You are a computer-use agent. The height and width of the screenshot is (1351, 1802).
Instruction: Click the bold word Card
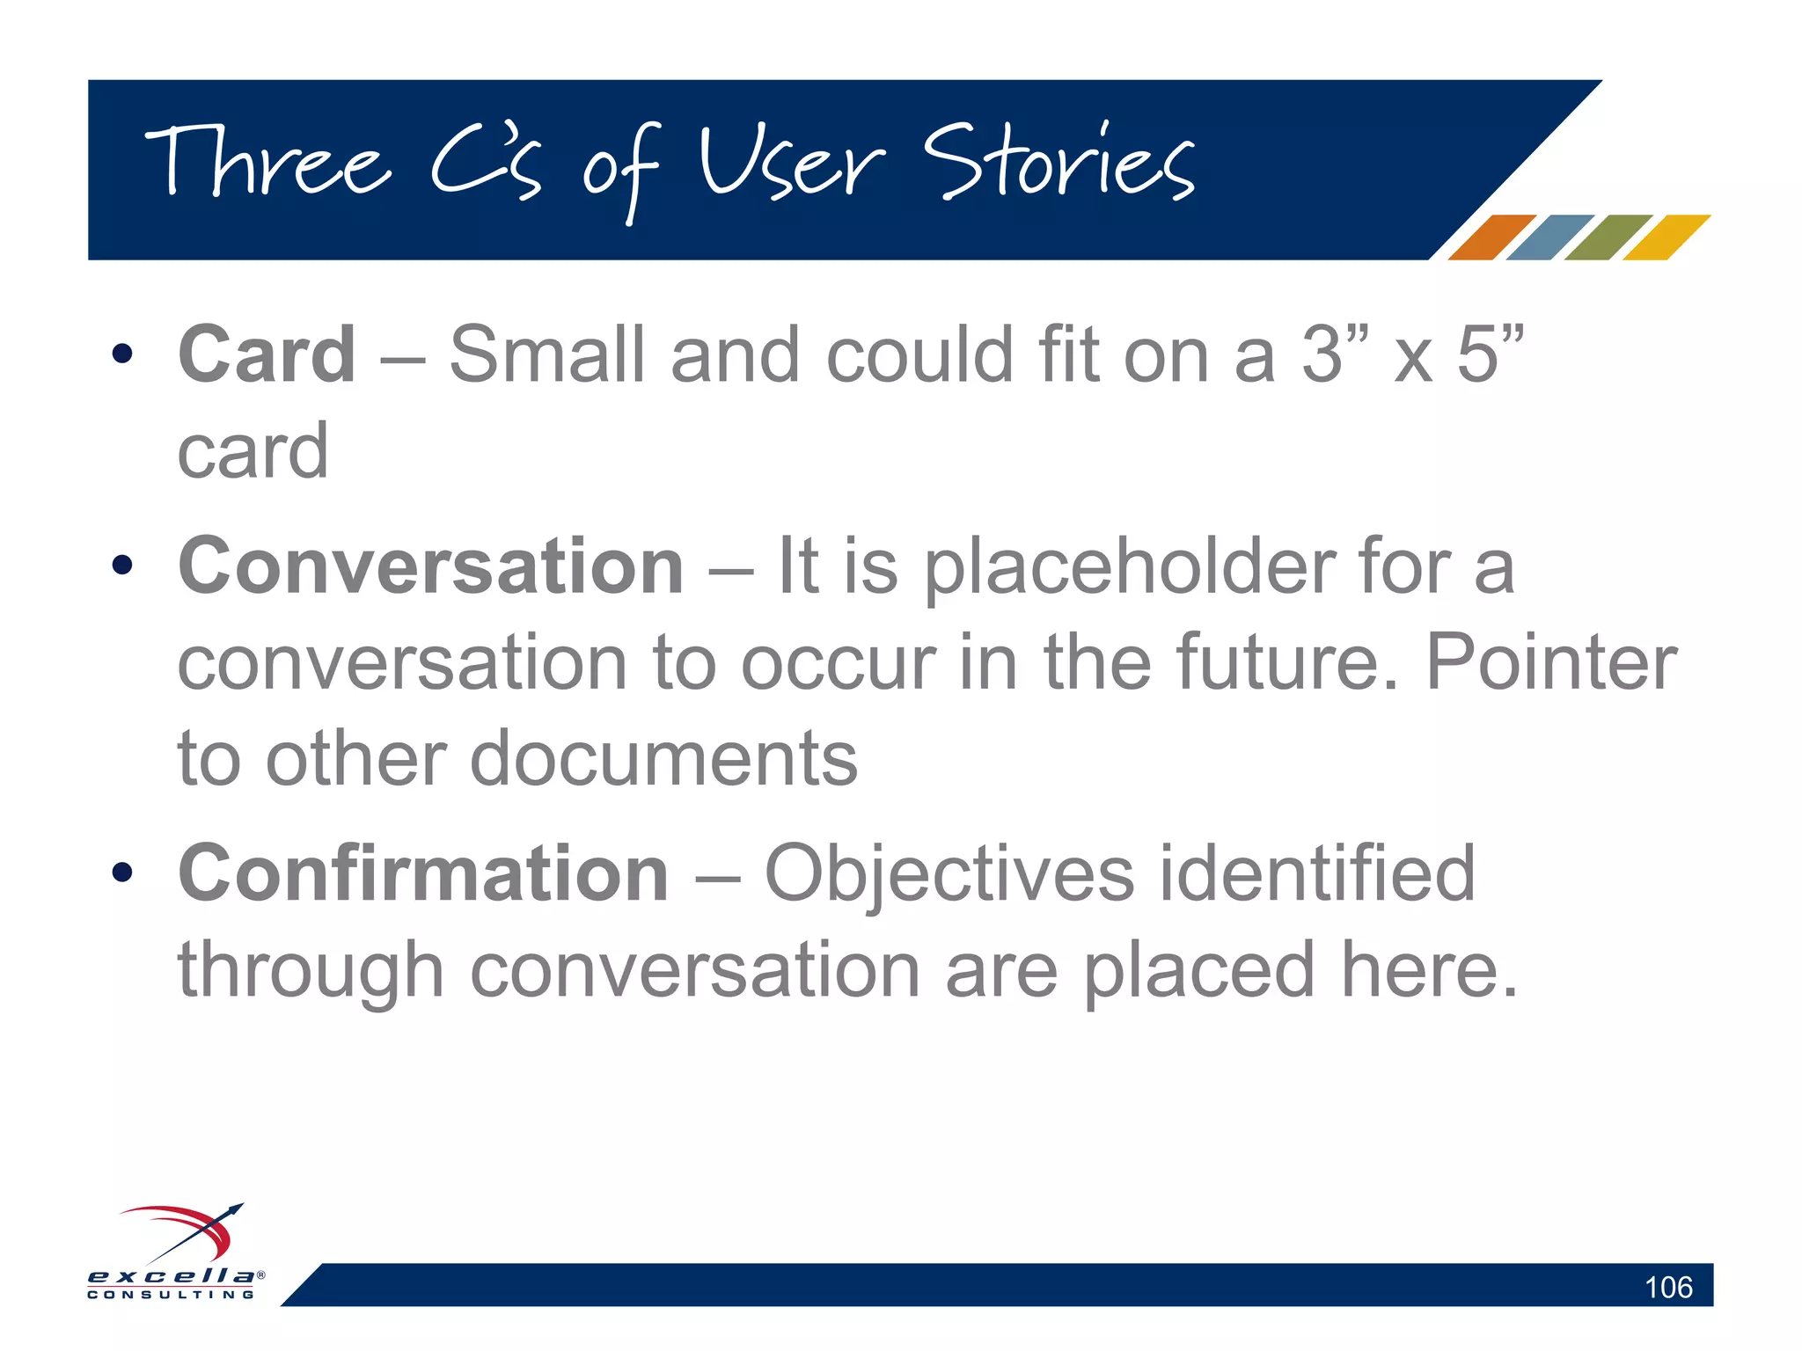tap(267, 354)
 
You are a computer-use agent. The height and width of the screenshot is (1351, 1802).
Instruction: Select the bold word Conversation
tap(430, 566)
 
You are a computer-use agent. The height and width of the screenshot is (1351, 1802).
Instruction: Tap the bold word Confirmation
tap(423, 873)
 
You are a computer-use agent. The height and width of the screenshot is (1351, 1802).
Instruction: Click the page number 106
tap(1667, 1288)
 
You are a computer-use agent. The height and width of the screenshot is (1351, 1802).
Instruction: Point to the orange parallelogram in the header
tap(1491, 237)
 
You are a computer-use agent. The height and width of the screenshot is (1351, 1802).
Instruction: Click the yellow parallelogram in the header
tap(1666, 237)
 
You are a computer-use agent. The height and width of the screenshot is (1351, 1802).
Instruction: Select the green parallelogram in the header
tap(1608, 237)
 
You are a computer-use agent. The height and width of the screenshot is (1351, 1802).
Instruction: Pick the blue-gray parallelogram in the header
tap(1549, 237)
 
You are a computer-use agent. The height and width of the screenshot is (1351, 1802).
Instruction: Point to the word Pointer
tap(1550, 663)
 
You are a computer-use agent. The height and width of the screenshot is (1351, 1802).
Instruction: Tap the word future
tap(1285, 663)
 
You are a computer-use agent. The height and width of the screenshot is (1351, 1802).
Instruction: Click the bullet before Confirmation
tap(122, 873)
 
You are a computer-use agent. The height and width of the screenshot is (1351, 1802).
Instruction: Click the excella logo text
tap(172, 1276)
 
